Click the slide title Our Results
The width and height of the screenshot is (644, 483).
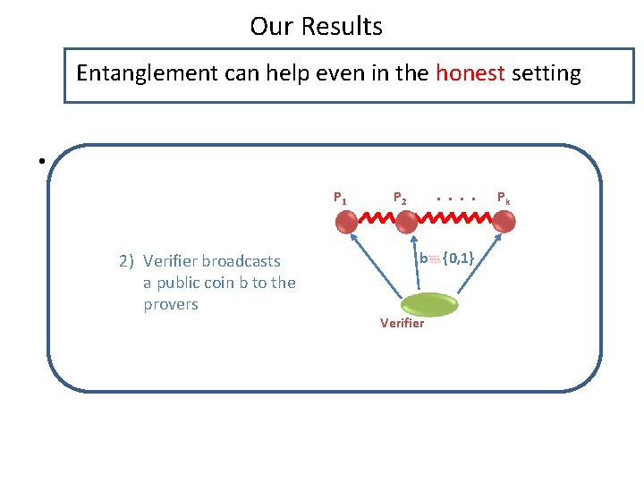tap(316, 27)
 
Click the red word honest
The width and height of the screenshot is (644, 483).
tap(470, 73)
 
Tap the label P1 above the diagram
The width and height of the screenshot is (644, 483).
tap(340, 198)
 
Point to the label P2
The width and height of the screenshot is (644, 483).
tap(400, 198)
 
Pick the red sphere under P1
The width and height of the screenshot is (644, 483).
tap(346, 220)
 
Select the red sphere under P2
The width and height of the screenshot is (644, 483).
tap(414, 220)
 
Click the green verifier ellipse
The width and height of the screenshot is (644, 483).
tap(428, 304)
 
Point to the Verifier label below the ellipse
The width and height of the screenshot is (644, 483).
tap(402, 323)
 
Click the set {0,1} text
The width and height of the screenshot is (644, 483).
tap(457, 258)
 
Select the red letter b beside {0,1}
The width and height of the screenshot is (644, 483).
tap(423, 259)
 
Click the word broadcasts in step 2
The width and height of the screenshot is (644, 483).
tap(241, 261)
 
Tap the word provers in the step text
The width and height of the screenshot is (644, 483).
tap(170, 304)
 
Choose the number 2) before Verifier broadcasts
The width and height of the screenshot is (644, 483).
tap(126, 261)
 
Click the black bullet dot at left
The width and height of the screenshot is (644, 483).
tap(41, 162)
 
